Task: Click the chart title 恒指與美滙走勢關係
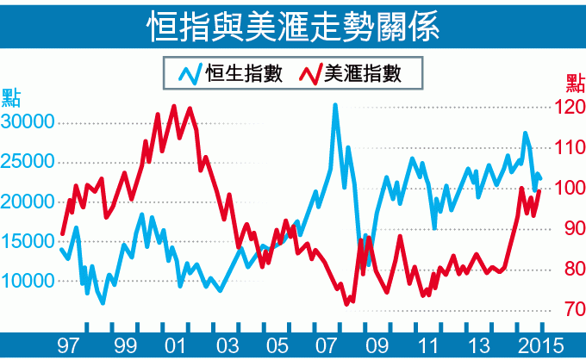tap(292, 25)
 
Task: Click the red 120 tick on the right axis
tap(570, 108)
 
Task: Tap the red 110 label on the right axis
tap(570, 148)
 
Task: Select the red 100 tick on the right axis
tap(570, 189)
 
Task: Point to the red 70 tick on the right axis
tap(570, 309)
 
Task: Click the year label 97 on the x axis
tap(68, 345)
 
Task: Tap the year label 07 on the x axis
tap(327, 345)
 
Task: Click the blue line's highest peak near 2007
tap(335, 105)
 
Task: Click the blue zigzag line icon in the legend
tap(190, 74)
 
